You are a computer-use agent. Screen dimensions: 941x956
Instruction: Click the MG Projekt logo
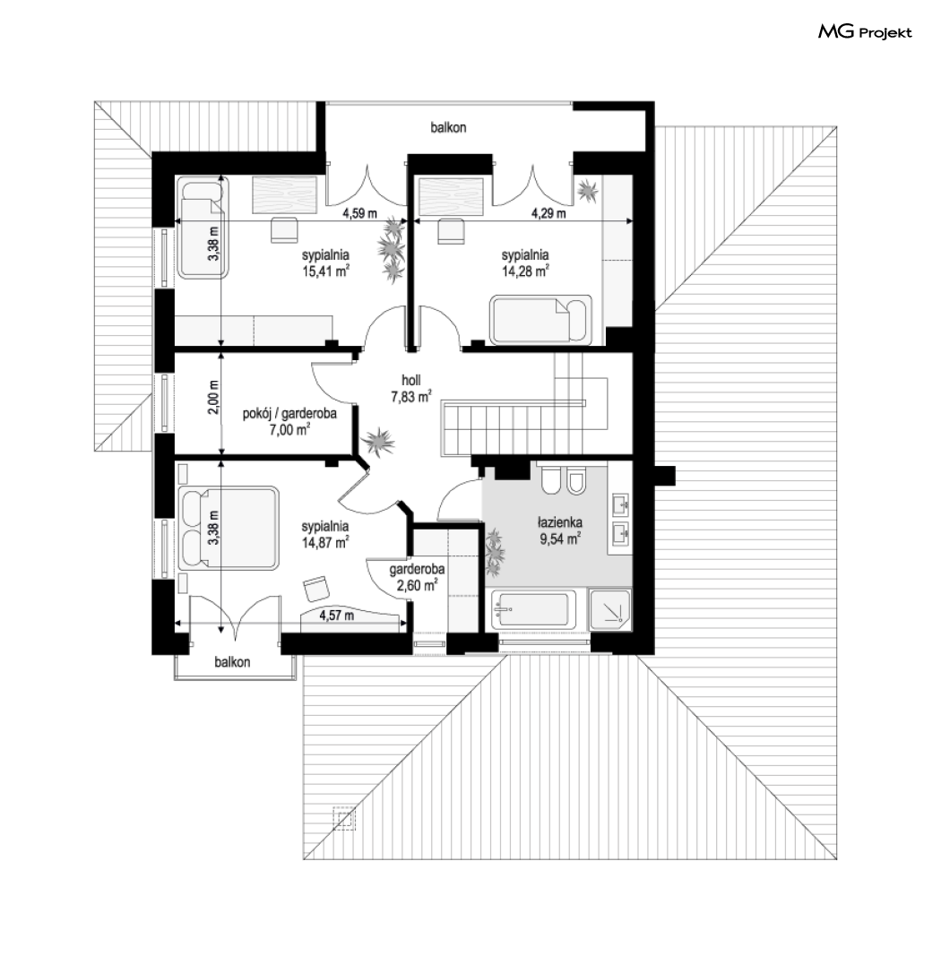[x=865, y=32]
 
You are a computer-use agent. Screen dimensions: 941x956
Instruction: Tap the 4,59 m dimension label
[x=359, y=213]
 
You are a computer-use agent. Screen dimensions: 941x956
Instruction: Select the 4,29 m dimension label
[x=548, y=213]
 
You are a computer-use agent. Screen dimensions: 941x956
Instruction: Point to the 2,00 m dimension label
[x=212, y=398]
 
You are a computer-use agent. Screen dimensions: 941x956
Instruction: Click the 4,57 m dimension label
[x=337, y=616]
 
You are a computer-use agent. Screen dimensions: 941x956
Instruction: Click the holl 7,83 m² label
[x=411, y=388]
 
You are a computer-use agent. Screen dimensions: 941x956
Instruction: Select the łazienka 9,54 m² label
[x=560, y=530]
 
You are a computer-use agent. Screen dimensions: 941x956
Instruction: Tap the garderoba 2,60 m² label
[x=417, y=577]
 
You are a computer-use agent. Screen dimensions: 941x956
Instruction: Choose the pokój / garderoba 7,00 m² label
[x=289, y=421]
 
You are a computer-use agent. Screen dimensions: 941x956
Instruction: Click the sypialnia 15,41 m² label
[x=325, y=263]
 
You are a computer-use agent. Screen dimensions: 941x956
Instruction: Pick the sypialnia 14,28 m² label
[x=525, y=263]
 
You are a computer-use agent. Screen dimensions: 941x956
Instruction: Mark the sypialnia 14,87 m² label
[x=325, y=534]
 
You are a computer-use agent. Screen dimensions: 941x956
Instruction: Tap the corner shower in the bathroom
[x=609, y=609]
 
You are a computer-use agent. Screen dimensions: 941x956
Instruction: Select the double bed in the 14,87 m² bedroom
[x=229, y=528]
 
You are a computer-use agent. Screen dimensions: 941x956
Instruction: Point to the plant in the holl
[x=377, y=441]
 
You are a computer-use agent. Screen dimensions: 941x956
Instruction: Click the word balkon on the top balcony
[x=448, y=127]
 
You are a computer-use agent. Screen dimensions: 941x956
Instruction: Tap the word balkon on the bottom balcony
[x=232, y=661]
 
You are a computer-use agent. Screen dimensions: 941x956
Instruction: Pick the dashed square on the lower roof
[x=344, y=818]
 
